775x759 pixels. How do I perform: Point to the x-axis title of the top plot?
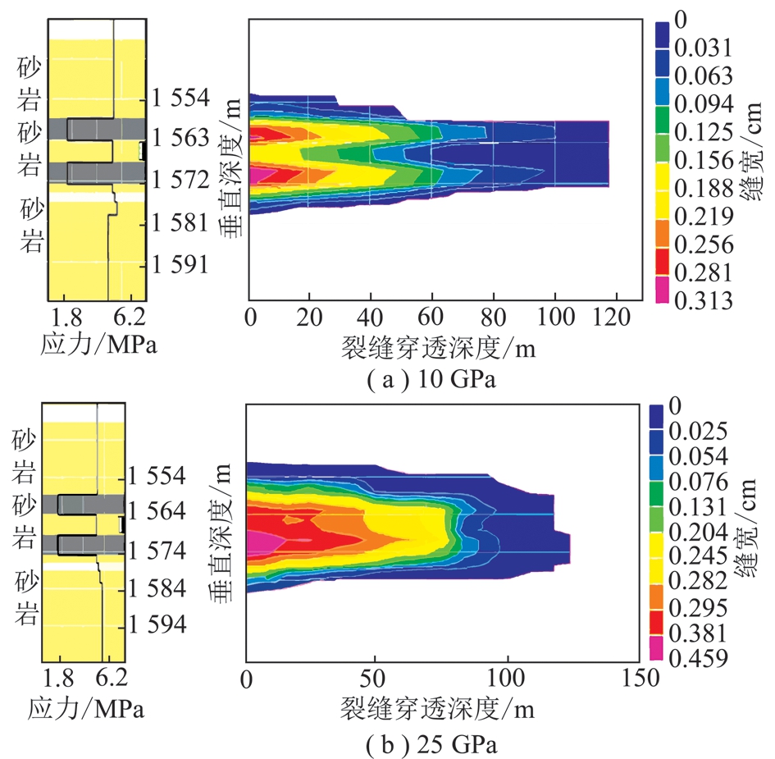[x=438, y=350]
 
